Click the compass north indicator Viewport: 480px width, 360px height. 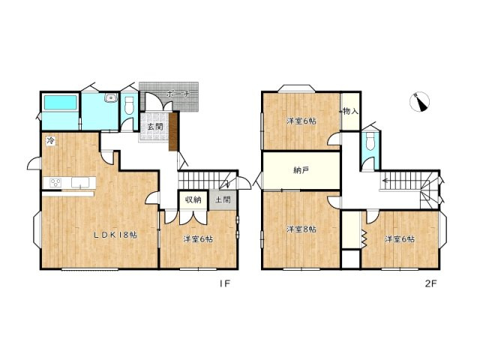[420, 102]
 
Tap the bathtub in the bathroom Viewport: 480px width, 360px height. [60, 103]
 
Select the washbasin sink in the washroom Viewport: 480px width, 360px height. [110, 97]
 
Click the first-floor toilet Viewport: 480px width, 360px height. [130, 105]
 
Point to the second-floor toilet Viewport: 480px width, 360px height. [370, 141]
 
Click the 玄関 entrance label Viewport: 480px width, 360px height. [155, 127]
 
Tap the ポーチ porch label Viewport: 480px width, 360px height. [179, 94]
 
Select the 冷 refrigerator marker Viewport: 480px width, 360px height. [50, 141]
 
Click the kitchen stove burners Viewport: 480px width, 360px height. [55, 183]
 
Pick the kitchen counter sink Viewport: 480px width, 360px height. [80, 183]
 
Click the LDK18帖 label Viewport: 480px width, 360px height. [115, 235]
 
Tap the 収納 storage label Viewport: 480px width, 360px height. [193, 200]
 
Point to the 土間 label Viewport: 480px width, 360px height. [223, 200]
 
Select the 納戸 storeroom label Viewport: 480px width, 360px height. [301, 170]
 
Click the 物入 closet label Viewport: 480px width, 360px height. [350, 111]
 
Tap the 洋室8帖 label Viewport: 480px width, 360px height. [301, 229]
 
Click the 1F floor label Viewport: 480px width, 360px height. [224, 283]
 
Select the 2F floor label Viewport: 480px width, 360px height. [430, 283]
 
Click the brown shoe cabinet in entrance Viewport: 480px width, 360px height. [173, 132]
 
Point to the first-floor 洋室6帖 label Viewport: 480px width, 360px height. [198, 238]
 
